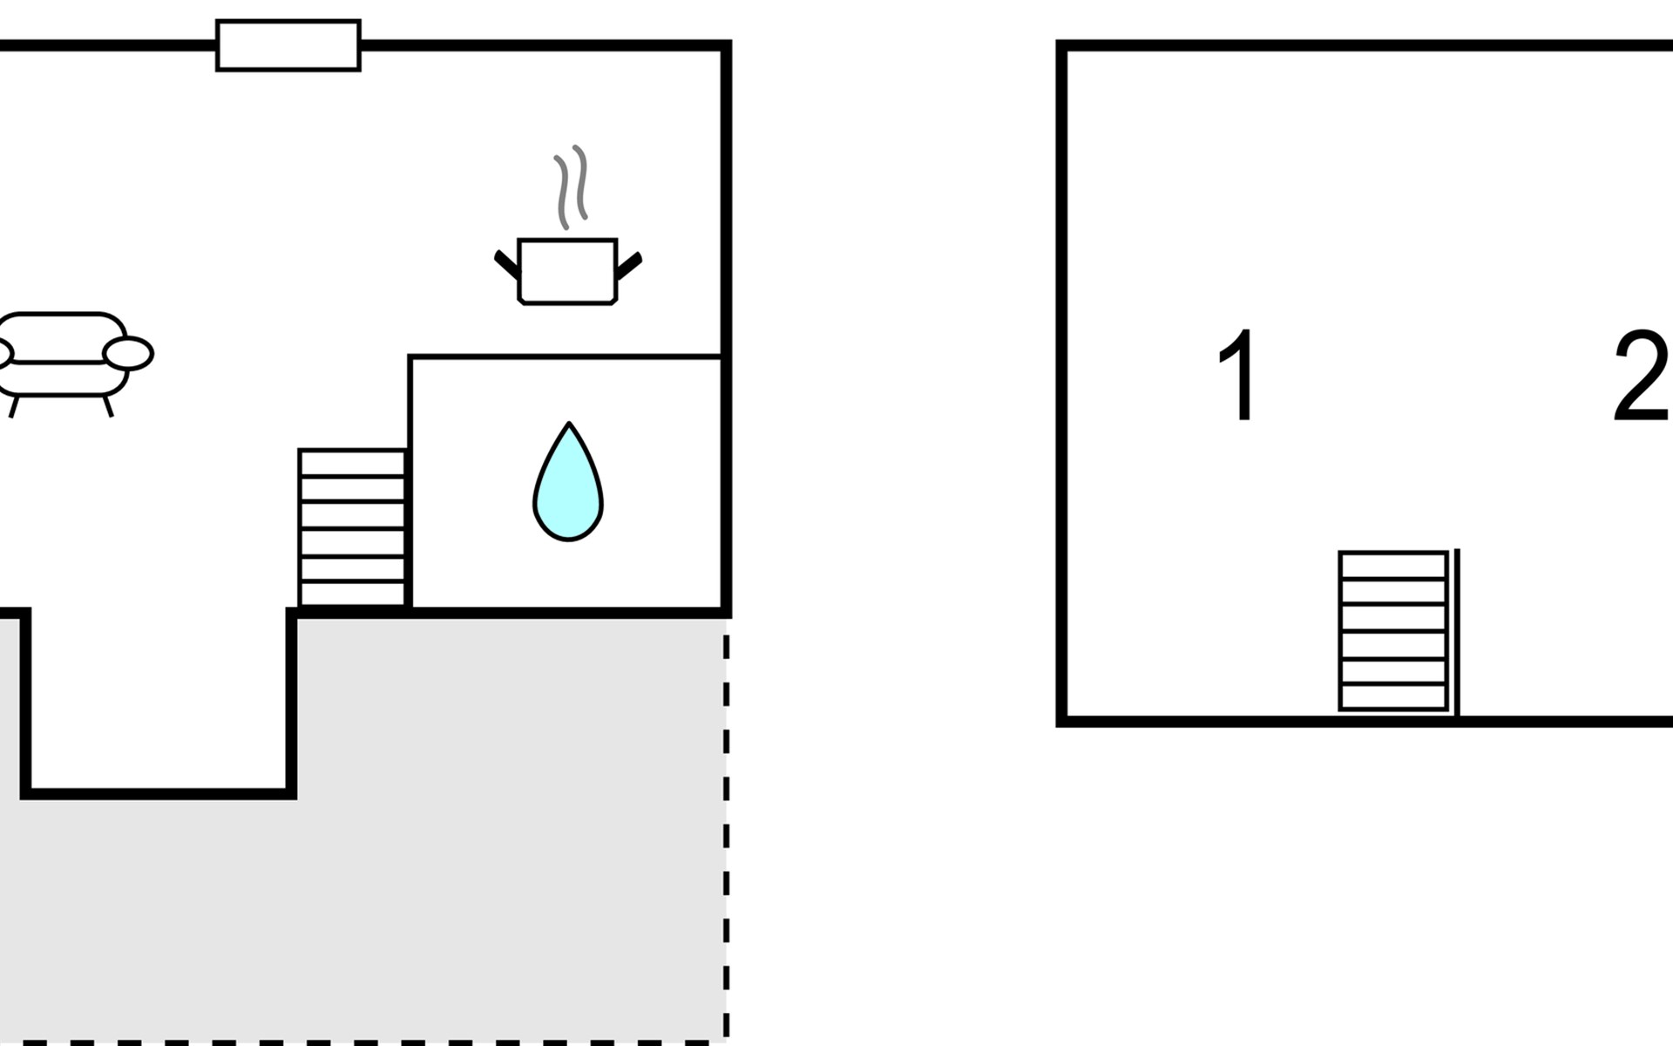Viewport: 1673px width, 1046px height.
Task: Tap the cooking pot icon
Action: point(567,271)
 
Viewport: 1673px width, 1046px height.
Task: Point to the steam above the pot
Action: point(571,187)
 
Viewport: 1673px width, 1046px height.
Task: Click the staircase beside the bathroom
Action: point(352,527)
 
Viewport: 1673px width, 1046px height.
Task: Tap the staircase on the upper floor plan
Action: point(1393,631)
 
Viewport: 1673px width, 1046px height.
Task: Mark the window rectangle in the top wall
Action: point(288,45)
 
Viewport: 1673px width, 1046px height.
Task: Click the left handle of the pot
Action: point(507,265)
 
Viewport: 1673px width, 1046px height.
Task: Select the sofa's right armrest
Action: point(128,353)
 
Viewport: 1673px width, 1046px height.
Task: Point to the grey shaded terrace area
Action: point(436,828)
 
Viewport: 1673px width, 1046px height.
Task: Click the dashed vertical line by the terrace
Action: point(726,835)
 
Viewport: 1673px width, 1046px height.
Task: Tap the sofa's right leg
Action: point(108,406)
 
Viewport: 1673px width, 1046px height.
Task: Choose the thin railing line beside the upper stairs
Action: point(1457,632)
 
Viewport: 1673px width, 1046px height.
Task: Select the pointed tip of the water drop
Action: point(569,424)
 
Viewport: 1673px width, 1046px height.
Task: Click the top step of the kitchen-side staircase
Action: point(352,463)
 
